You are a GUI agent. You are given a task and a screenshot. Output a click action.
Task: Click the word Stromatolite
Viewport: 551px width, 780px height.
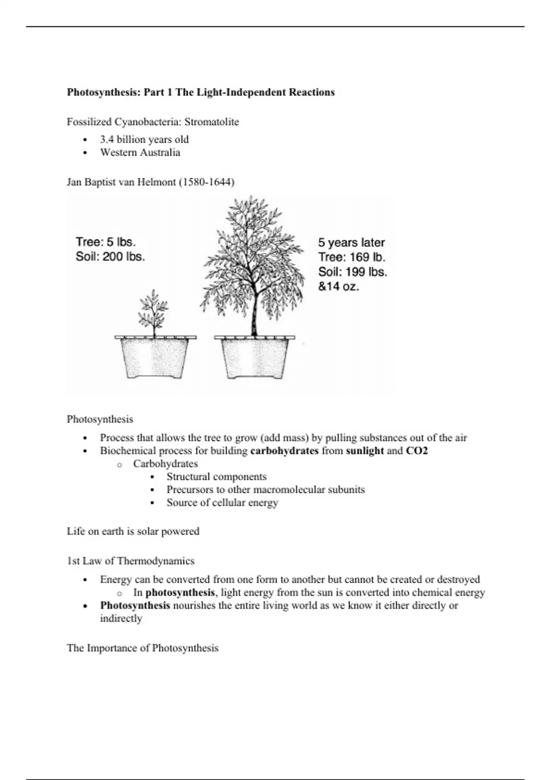point(212,122)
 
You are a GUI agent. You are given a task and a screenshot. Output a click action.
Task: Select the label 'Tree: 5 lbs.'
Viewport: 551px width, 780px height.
point(106,242)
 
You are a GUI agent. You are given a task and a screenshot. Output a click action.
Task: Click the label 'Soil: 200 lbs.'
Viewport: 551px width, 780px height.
point(110,256)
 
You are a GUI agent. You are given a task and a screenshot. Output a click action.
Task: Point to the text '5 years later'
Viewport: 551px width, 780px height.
point(351,243)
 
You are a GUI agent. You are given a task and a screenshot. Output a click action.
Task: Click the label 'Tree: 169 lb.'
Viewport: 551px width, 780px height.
point(352,257)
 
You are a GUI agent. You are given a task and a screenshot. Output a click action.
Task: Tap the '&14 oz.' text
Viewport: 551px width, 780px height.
point(338,287)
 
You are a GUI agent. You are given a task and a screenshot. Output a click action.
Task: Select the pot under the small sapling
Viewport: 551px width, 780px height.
point(155,358)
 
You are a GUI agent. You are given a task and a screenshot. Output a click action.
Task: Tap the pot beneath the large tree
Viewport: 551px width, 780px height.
point(255,358)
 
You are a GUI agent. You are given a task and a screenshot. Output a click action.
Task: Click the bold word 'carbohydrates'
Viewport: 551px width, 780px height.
point(284,451)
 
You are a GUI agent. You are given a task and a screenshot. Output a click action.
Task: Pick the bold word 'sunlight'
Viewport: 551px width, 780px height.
point(365,451)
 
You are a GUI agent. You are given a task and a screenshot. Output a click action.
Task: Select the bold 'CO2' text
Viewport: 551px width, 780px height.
point(416,451)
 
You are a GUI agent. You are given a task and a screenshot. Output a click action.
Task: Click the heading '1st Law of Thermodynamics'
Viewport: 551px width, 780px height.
point(131,561)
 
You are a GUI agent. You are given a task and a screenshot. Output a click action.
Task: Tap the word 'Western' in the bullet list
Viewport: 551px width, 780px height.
point(117,153)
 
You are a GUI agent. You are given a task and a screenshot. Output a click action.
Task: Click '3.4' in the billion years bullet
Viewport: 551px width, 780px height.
point(107,139)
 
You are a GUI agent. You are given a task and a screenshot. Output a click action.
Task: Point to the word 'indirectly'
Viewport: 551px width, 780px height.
point(121,618)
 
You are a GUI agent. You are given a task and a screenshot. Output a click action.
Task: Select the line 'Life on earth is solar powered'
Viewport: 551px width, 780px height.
point(133,531)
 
